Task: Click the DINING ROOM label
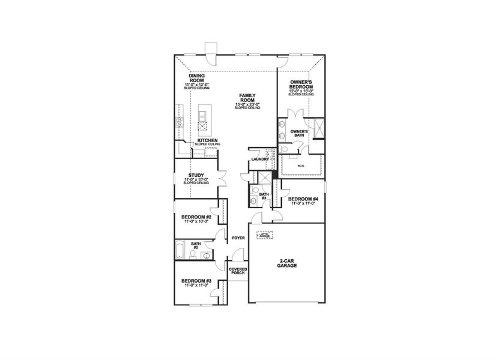(197, 78)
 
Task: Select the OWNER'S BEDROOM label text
(300, 83)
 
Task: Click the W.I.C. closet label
(301, 165)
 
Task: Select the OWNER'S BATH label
(298, 133)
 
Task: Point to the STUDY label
(196, 176)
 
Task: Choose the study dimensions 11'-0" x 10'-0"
(196, 180)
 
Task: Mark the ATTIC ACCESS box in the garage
(264, 235)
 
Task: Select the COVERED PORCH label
(238, 272)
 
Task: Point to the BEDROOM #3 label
(196, 281)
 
